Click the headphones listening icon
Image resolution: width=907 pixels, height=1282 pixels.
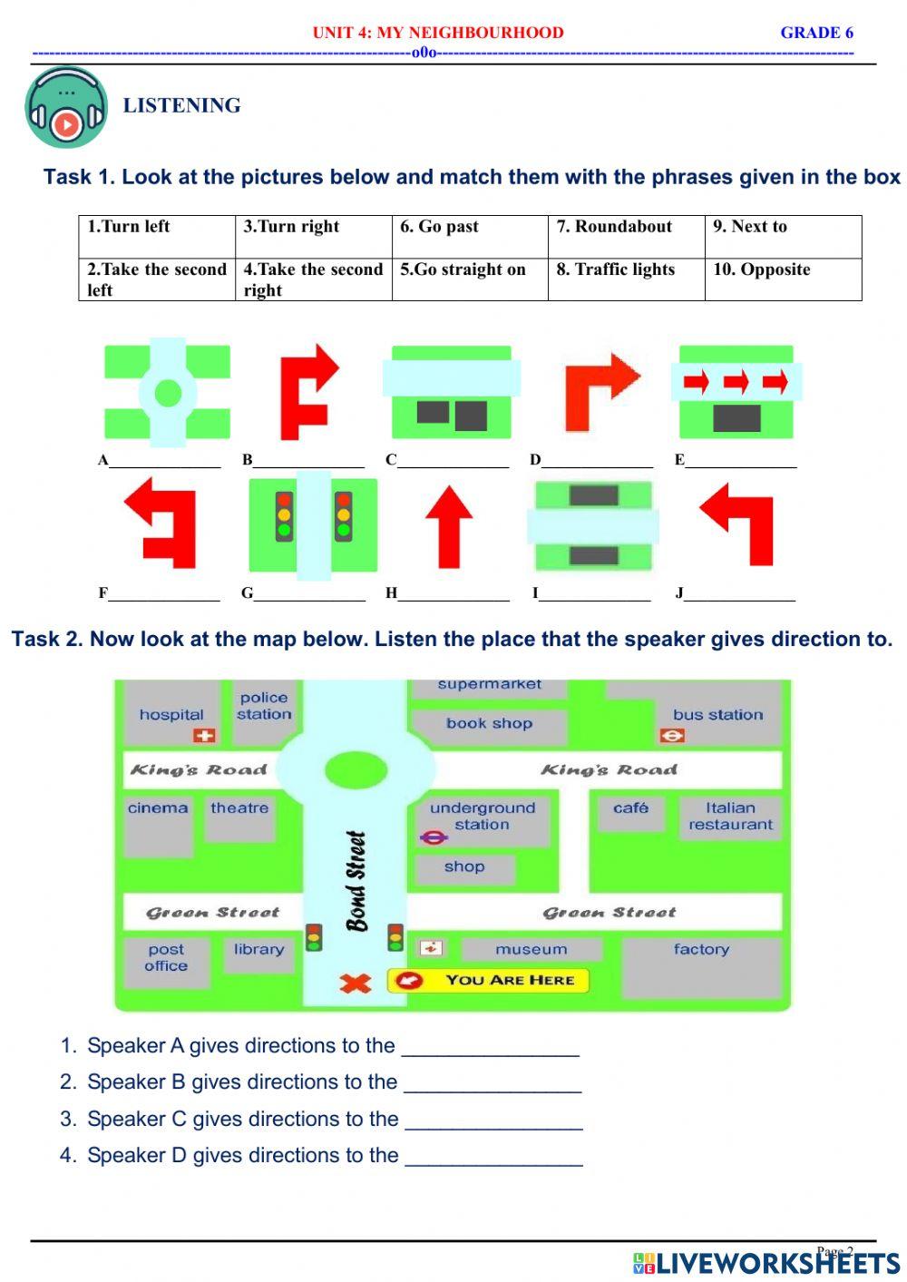[x=66, y=108]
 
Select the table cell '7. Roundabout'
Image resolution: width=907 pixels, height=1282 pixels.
[x=626, y=236]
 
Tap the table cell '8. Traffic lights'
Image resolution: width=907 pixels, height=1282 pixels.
[x=626, y=279]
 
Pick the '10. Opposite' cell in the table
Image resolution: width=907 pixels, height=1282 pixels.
[x=782, y=279]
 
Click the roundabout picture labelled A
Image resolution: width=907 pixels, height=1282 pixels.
[x=167, y=394]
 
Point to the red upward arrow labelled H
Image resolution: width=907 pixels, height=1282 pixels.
[x=449, y=527]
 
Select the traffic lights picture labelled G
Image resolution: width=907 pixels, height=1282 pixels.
[x=313, y=526]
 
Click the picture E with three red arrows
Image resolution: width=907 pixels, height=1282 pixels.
[x=736, y=392]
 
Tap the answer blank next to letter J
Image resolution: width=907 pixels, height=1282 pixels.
[x=740, y=594]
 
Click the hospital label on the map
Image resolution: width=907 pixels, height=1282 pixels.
[x=171, y=715]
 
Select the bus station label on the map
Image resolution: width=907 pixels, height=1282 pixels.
[x=717, y=715]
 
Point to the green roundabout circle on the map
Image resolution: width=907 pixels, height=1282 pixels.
[x=356, y=771]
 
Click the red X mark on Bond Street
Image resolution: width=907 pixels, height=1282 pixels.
[x=355, y=983]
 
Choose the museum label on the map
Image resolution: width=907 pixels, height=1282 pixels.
[x=532, y=950]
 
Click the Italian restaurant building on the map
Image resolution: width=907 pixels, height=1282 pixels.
[x=730, y=816]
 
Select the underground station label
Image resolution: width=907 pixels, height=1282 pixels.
[x=482, y=816]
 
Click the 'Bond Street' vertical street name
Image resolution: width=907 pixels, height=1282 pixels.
[x=356, y=880]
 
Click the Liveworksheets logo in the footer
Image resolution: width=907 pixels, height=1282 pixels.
[x=766, y=1262]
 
